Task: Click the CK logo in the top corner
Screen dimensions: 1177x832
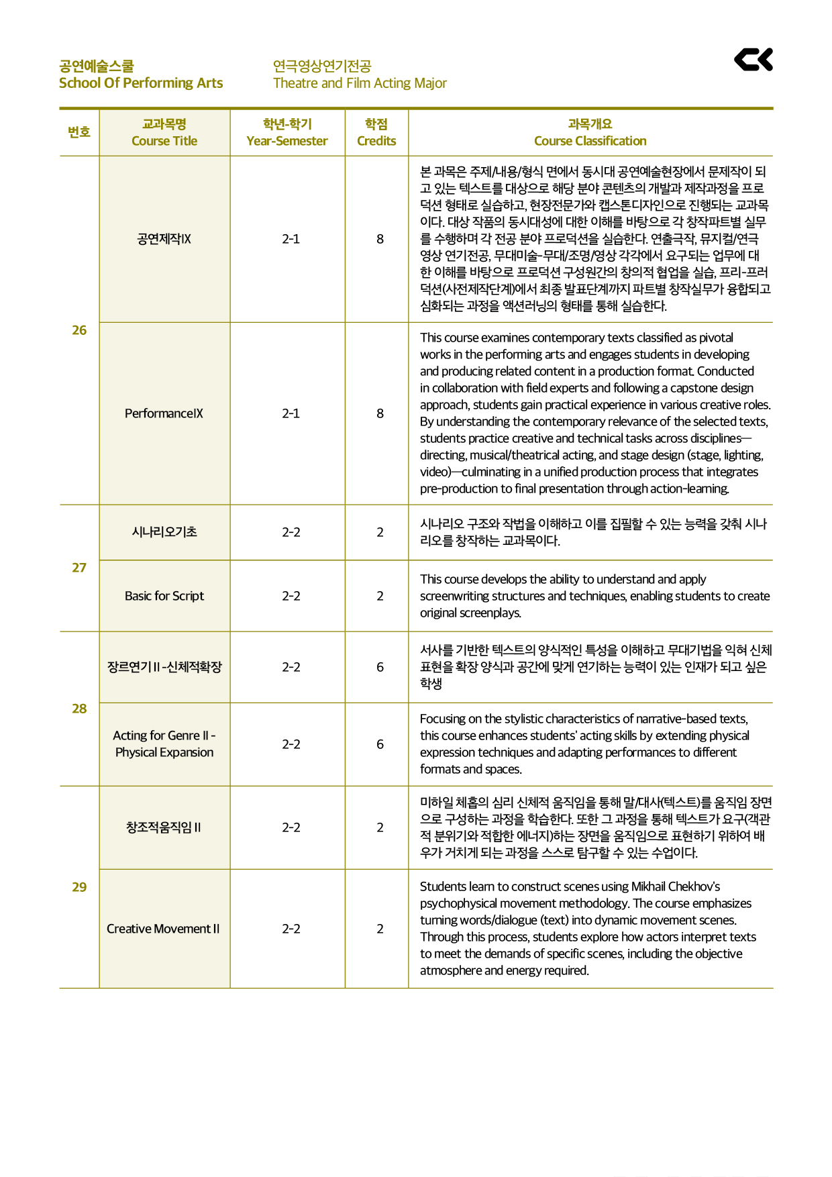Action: point(753,60)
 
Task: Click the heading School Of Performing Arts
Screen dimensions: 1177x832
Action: point(141,83)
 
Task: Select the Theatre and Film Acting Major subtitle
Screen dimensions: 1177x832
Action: point(360,83)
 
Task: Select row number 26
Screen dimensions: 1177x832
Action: point(79,330)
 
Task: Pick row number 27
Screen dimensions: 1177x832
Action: point(79,568)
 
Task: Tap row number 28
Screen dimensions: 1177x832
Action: point(79,709)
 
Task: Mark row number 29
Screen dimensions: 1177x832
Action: point(79,887)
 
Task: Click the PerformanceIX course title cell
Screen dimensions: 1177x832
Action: point(164,413)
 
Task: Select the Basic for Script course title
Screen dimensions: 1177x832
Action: point(164,596)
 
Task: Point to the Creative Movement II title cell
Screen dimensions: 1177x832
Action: point(163,929)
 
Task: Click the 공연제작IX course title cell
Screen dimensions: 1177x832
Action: point(164,239)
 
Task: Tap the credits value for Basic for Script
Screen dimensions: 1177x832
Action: point(380,596)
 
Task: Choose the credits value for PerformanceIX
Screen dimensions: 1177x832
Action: point(380,413)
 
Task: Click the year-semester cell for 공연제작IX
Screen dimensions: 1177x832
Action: point(291,239)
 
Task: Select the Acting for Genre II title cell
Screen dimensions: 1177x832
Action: point(164,744)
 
